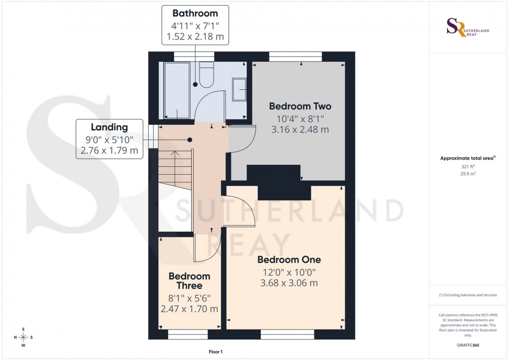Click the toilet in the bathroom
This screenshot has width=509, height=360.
coord(206,74)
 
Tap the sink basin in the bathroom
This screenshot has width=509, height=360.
coord(240,89)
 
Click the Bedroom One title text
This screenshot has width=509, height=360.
coord(289,260)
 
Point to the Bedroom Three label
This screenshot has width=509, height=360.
coord(189,281)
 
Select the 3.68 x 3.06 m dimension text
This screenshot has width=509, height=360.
coord(289,283)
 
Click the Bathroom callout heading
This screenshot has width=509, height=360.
coord(195,13)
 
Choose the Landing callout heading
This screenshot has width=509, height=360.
coord(109,128)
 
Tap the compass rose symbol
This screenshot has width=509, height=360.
coord(23,338)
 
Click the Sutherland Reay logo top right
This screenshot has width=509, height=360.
coord(467,27)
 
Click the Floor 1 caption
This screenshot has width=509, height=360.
coord(216,352)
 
